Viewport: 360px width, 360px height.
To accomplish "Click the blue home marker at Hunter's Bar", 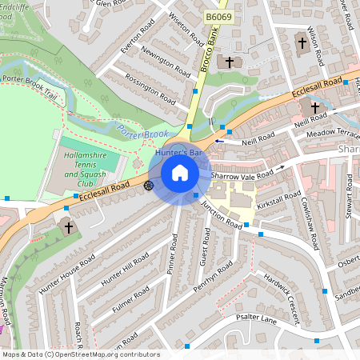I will pos(180,172).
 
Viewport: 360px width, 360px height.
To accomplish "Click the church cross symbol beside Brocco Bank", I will pos(229,62).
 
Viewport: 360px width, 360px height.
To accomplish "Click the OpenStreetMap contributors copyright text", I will pos(80,354).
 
